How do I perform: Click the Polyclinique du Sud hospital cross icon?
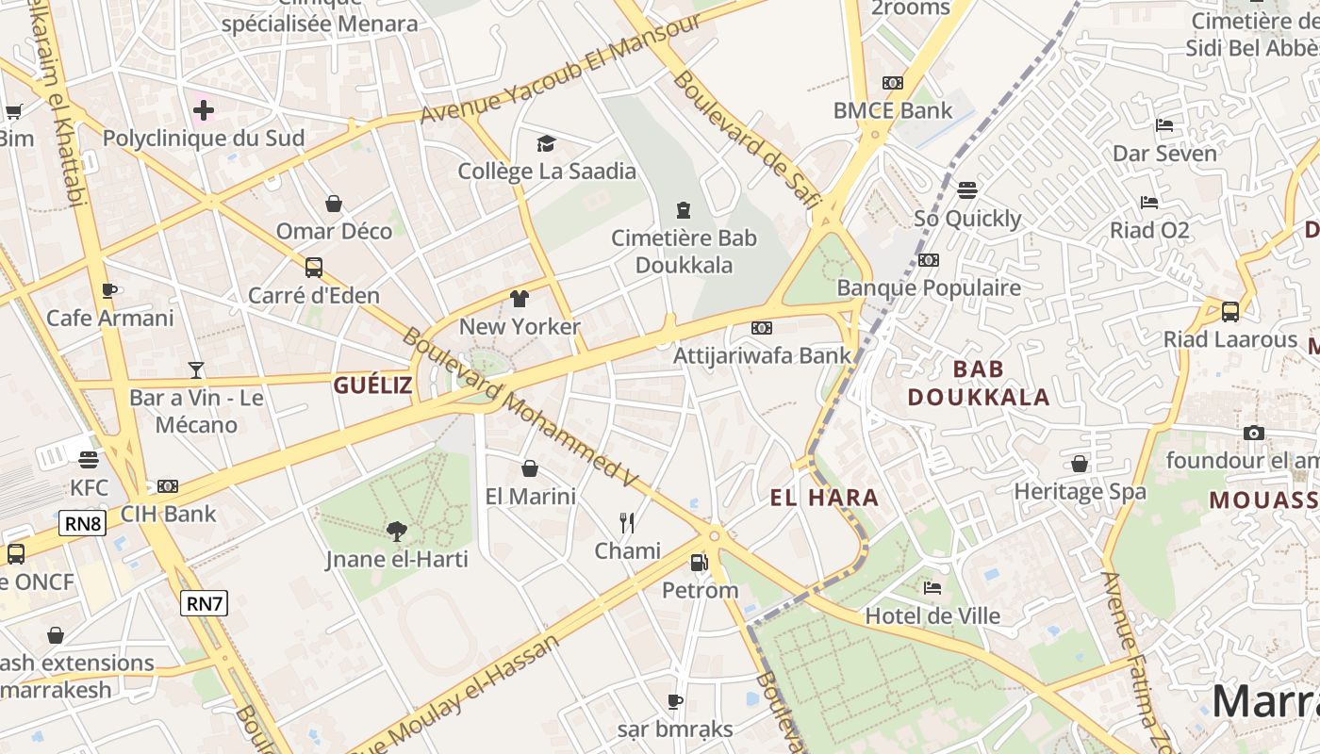203,110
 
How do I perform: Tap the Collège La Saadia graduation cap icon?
546,143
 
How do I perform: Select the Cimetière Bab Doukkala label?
684,251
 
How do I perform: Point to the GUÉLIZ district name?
372,385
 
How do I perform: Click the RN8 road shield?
82,523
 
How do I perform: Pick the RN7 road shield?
205,603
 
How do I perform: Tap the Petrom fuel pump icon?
699,563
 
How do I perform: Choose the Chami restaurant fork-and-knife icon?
627,522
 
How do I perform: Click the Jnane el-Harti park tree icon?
396,532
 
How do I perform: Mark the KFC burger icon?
89,460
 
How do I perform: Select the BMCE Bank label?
893,110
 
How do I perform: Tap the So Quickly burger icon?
966,190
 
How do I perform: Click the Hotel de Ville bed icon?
932,588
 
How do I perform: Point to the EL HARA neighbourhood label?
824,498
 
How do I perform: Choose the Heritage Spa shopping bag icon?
1080,464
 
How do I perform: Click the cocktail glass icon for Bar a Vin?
196,369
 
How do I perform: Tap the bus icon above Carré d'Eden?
314,268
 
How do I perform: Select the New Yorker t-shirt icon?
519,299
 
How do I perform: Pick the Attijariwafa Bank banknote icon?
762,328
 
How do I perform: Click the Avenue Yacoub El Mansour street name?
561,69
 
